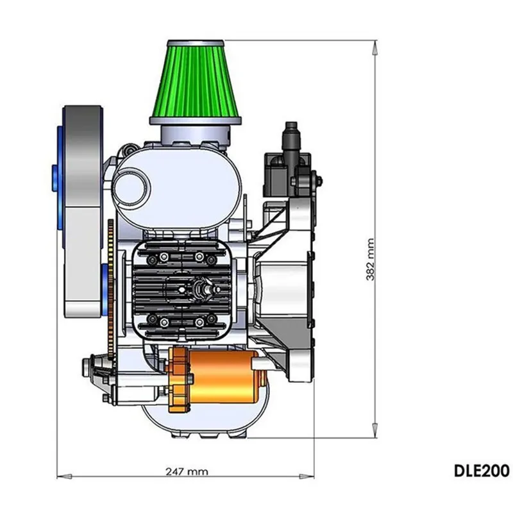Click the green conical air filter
(196, 80)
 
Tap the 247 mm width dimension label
(187, 471)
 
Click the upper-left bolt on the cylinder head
(164, 257)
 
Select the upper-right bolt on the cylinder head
(199, 257)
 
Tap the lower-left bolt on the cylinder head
(164, 320)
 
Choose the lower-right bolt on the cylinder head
(199, 320)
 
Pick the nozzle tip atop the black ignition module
(290, 125)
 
